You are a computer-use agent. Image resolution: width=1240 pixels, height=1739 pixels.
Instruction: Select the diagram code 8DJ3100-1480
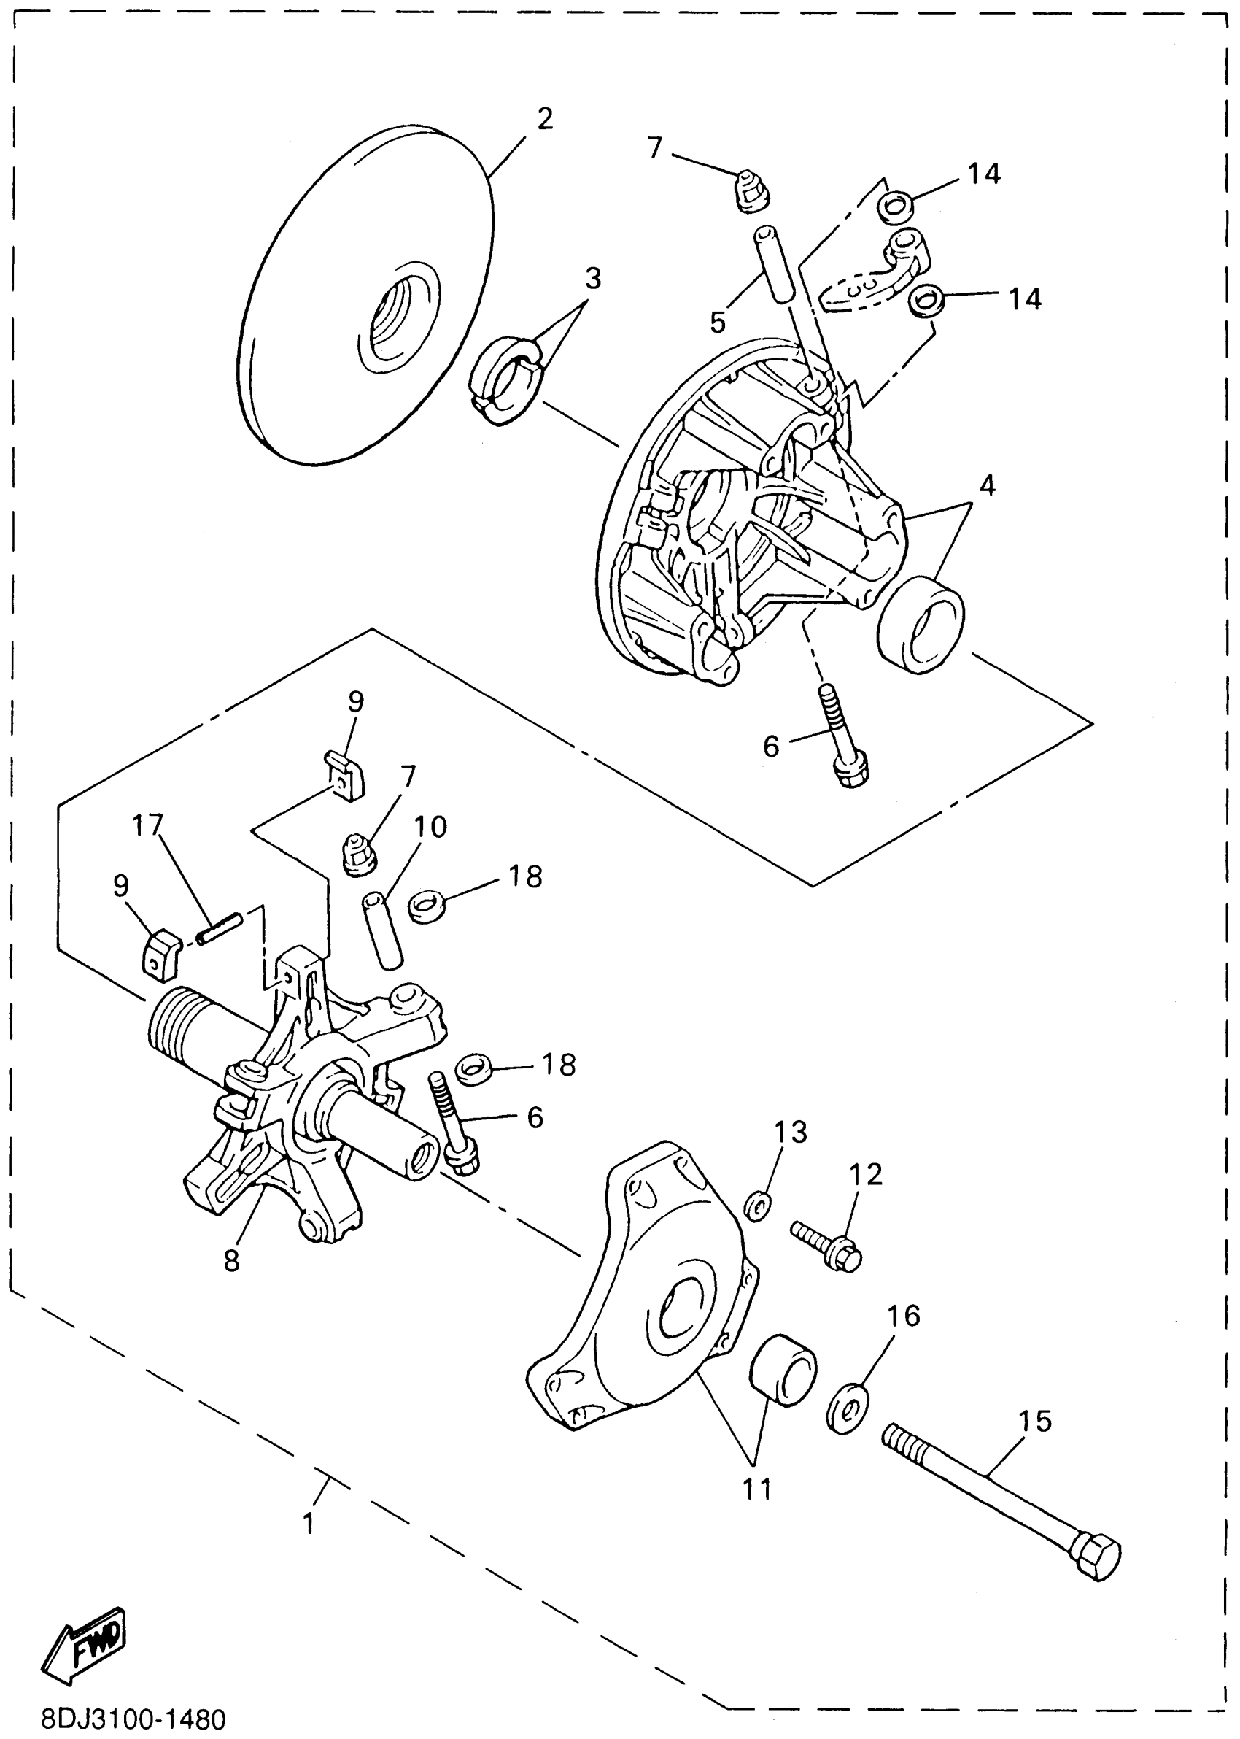(x=133, y=1719)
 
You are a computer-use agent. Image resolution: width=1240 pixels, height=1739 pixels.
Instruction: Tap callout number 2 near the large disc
(x=544, y=119)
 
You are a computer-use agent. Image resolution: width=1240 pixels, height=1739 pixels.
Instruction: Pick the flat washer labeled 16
(x=847, y=1408)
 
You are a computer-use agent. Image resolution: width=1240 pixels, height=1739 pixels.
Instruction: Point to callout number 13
(x=791, y=1132)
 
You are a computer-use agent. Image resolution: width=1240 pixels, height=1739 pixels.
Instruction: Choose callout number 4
(x=988, y=485)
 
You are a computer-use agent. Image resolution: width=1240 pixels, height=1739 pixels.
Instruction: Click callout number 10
(x=430, y=827)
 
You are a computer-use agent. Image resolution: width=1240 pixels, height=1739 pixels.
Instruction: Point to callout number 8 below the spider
(x=231, y=1260)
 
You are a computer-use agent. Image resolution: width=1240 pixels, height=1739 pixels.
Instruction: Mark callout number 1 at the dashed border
(x=308, y=1523)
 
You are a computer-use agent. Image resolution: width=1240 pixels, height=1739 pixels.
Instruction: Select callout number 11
(x=757, y=1489)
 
